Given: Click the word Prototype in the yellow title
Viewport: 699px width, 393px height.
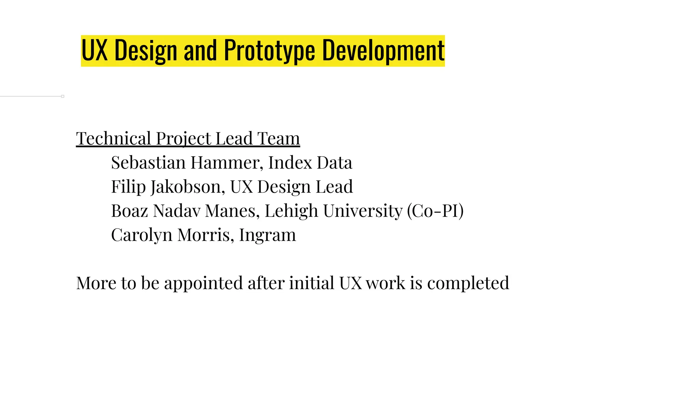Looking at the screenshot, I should click(269, 50).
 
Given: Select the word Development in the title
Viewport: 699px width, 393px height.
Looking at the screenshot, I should click(383, 50).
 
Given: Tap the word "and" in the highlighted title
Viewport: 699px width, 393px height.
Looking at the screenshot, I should click(200, 50).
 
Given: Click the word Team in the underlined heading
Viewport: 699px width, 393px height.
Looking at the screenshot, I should click(279, 139).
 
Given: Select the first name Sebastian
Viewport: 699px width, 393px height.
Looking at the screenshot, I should click(148, 163).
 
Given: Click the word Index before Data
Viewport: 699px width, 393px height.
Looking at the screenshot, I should click(290, 163).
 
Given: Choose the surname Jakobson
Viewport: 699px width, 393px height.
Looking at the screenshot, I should click(187, 187).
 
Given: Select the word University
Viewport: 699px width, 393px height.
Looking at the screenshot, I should click(363, 211).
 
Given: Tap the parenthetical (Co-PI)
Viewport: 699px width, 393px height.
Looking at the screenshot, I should click(435, 211).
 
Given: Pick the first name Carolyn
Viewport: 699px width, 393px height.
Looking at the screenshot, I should click(142, 235).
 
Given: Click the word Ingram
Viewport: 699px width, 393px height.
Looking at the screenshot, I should click(267, 235).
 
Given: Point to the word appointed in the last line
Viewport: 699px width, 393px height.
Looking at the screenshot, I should click(203, 283).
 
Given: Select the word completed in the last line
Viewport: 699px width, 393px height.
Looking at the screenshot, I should click(468, 283).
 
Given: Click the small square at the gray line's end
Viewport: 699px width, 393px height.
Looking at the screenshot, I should click(63, 97).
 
